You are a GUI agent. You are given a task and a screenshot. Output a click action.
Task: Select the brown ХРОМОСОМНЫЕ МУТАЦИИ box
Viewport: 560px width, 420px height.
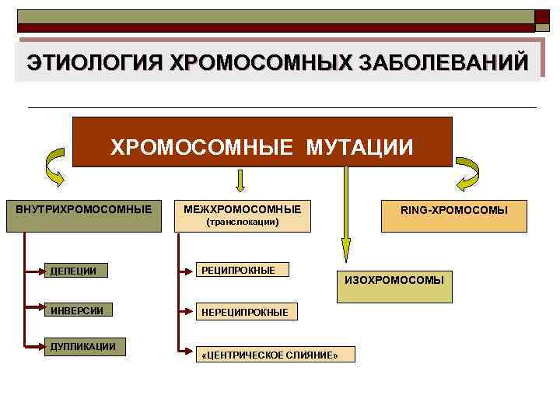(x=262, y=142)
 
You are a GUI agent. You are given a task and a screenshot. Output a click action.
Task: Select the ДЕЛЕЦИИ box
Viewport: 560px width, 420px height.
(x=85, y=271)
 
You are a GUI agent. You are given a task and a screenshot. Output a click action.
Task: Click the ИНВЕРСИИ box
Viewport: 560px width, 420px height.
(x=85, y=311)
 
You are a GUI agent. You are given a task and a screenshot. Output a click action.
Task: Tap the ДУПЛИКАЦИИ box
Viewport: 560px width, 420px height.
(x=85, y=347)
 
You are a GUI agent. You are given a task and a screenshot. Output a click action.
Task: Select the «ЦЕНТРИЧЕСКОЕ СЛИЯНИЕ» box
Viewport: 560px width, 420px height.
(x=273, y=355)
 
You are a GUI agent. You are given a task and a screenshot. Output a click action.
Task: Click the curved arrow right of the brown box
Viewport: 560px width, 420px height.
(x=468, y=173)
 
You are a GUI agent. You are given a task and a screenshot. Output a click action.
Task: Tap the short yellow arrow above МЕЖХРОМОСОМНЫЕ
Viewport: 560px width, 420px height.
(x=241, y=180)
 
